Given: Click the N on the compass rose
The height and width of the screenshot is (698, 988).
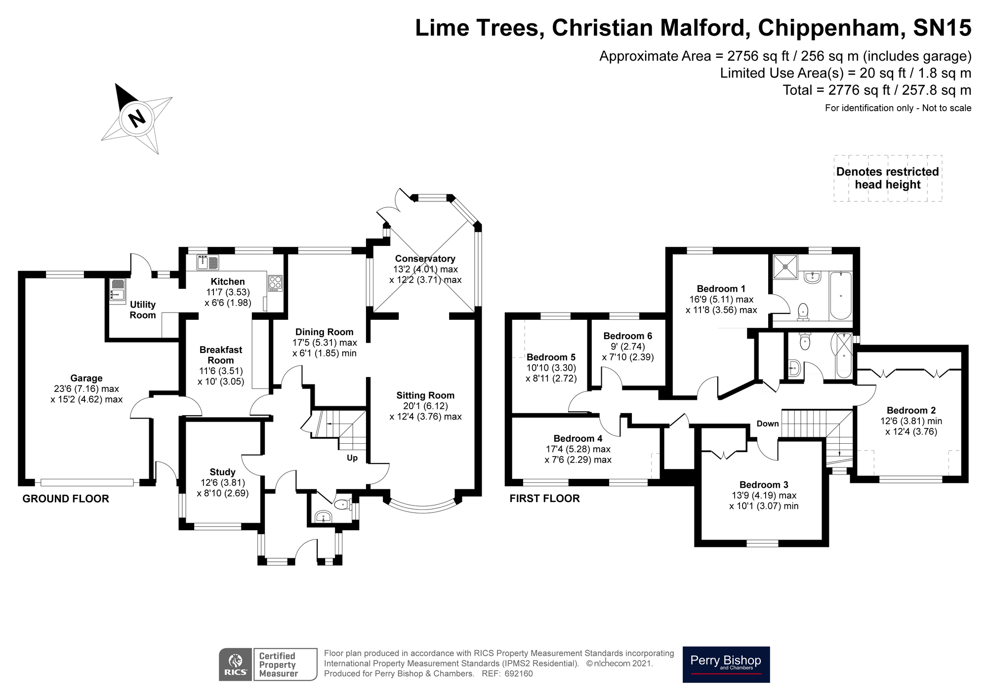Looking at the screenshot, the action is (x=137, y=118).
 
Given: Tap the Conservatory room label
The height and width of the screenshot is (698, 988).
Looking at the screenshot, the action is (x=425, y=259).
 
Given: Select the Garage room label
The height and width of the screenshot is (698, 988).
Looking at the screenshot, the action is (x=86, y=378).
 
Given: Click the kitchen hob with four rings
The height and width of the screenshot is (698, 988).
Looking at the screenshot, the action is (x=275, y=283).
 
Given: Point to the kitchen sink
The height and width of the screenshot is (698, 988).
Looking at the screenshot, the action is (x=207, y=262).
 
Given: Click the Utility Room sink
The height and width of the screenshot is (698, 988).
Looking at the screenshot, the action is (x=118, y=290).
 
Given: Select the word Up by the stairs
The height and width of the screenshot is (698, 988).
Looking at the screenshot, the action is (x=352, y=458).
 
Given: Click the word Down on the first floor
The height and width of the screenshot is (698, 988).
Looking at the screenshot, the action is (x=768, y=424).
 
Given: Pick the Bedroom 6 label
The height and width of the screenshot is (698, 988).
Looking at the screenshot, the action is (x=627, y=336).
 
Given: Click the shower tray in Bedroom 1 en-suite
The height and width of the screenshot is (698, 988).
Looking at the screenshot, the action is (x=785, y=267).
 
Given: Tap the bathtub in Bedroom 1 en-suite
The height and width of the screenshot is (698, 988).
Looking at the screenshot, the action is (x=841, y=296).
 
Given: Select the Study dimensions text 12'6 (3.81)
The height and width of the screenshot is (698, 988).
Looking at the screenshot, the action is (x=222, y=482).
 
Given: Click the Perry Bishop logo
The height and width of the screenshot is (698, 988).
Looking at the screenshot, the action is (x=726, y=664).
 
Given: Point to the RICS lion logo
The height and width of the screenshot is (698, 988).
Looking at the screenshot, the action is (x=236, y=664).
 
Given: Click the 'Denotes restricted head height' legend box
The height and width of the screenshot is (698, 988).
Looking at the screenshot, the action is (x=888, y=178).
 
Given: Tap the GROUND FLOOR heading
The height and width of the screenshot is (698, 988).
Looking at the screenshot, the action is (x=66, y=499).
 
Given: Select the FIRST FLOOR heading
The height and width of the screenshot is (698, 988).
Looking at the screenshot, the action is (x=544, y=498).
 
